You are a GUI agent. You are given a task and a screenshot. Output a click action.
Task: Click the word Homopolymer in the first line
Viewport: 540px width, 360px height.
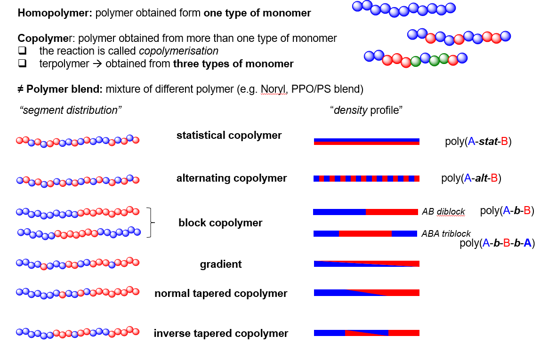pyautogui.click(x=55, y=13)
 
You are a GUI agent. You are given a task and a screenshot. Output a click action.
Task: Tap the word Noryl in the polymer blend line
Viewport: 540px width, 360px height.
pyautogui.click(x=274, y=89)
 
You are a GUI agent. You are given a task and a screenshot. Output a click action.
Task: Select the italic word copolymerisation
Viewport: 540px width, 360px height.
pyautogui.click(x=178, y=51)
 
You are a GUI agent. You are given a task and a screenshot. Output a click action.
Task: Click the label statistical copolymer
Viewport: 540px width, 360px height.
pyautogui.click(x=229, y=135)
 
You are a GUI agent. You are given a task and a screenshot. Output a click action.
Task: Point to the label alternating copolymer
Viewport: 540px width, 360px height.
pyautogui.click(x=232, y=178)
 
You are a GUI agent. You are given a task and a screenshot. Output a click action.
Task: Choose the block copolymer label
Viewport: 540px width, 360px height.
pyautogui.click(x=220, y=223)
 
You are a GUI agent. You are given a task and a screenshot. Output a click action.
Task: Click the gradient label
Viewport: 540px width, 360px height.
pyautogui.click(x=221, y=264)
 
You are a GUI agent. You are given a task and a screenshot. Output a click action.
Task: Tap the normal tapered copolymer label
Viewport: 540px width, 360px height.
pyautogui.click(x=221, y=293)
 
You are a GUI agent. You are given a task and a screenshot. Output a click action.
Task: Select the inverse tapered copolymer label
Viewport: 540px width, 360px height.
pyautogui.click(x=221, y=333)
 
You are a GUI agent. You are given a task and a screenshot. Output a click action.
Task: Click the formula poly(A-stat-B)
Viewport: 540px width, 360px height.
pyautogui.click(x=478, y=142)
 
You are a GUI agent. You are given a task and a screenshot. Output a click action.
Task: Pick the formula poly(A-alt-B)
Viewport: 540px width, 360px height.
pyautogui.click(x=471, y=178)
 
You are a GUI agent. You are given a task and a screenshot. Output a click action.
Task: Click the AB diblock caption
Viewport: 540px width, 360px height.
pyautogui.click(x=443, y=211)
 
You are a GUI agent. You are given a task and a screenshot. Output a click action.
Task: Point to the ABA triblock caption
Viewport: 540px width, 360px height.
pyautogui.click(x=446, y=234)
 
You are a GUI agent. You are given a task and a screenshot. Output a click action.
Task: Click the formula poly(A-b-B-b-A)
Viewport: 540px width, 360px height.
pyautogui.click(x=497, y=243)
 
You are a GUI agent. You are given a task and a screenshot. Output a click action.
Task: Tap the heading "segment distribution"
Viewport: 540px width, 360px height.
pyautogui.click(x=71, y=110)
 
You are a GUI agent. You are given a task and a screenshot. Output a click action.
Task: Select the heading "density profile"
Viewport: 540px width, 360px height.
pyautogui.click(x=366, y=110)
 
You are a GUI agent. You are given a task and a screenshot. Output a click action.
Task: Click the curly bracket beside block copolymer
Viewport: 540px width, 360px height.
pyautogui.click(x=151, y=223)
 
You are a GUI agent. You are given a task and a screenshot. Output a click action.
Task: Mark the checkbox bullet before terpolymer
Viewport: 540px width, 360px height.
pyautogui.click(x=23, y=64)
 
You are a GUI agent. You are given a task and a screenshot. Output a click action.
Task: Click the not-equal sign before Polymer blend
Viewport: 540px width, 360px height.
pyautogui.click(x=21, y=89)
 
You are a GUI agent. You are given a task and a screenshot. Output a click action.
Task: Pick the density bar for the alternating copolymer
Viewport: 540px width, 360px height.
pyautogui.click(x=366, y=179)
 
